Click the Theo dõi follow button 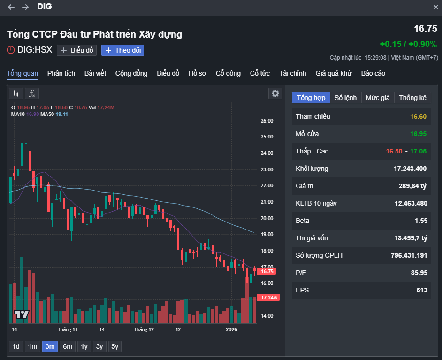[122, 50]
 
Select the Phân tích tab [61, 73]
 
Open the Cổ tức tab [259, 73]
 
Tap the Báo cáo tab [373, 73]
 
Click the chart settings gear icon [275, 93]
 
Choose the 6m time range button [68, 346]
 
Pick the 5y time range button [114, 346]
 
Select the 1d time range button [16, 346]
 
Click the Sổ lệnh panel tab [345, 98]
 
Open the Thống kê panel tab [412, 98]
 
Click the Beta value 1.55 [421, 221]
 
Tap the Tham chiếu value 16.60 [418, 116]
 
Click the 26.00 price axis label [267, 121]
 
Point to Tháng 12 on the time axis [144, 330]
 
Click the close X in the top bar [435, 7]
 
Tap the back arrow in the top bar [11, 7]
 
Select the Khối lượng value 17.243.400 [411, 169]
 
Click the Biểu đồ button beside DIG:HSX [77, 50]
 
